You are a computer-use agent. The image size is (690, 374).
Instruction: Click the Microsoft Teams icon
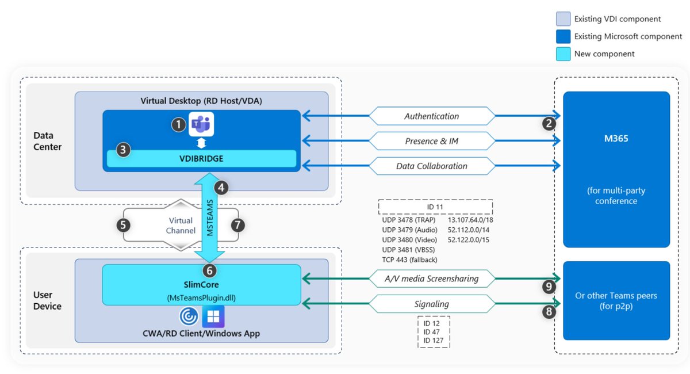pyautogui.click(x=201, y=124)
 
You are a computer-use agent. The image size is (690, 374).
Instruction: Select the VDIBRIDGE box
pyautogui.click(x=201, y=158)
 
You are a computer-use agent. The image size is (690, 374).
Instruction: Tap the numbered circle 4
pyautogui.click(x=221, y=188)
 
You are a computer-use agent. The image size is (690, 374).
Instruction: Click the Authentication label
pyautogui.click(x=432, y=116)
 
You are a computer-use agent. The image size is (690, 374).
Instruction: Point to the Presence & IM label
pyautogui.click(x=432, y=141)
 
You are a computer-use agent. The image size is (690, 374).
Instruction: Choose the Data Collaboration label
pyautogui.click(x=432, y=166)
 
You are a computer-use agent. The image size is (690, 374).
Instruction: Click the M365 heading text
pyautogui.click(x=616, y=139)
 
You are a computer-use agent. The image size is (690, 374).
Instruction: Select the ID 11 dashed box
pyautogui.click(x=435, y=207)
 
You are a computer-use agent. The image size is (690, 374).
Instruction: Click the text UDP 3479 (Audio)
pyautogui.click(x=409, y=230)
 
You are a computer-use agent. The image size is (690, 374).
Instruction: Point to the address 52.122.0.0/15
pyautogui.click(x=469, y=240)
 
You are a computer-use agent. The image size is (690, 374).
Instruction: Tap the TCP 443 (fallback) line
pyautogui.click(x=409, y=260)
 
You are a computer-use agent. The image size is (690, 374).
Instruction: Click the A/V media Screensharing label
pyautogui.click(x=432, y=278)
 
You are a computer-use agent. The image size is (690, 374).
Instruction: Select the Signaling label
pyautogui.click(x=432, y=304)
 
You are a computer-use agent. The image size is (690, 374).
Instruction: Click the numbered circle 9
pyautogui.click(x=549, y=287)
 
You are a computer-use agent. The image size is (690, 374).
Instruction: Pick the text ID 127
pyautogui.click(x=433, y=341)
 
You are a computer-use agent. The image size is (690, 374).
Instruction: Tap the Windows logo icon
pyautogui.click(x=213, y=316)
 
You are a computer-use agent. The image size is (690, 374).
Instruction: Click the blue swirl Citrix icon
pyautogui.click(x=189, y=316)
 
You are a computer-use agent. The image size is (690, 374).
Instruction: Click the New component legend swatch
pyautogui.click(x=563, y=54)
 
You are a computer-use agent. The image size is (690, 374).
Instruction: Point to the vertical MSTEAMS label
pyautogui.click(x=210, y=217)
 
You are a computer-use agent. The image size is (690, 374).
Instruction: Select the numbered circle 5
pyautogui.click(x=123, y=226)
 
